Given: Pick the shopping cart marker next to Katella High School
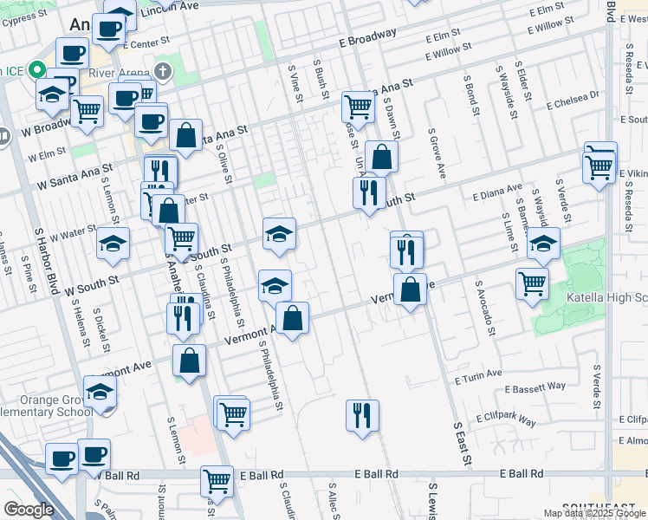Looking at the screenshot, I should [532, 283].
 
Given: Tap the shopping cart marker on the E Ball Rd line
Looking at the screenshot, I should [217, 480].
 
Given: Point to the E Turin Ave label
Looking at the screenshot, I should [478, 375].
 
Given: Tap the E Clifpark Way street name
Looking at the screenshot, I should [505, 419].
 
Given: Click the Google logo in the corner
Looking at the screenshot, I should [29, 510].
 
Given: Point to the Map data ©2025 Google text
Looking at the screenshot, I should [595, 513].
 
